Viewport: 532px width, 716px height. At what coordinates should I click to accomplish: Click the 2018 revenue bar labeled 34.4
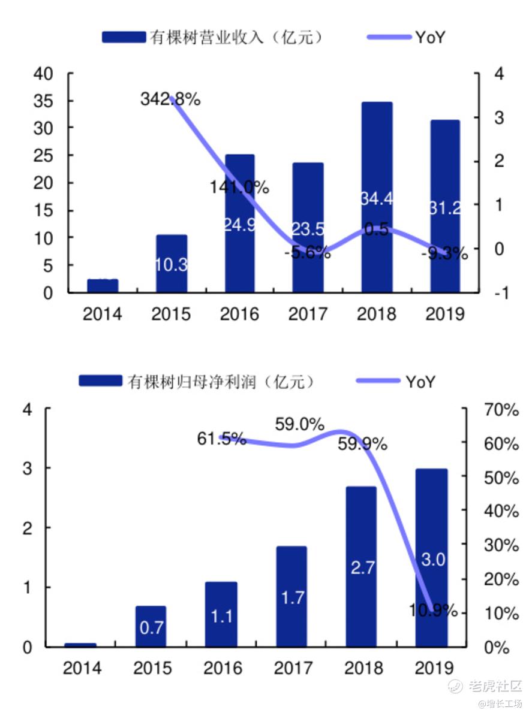tap(377, 240)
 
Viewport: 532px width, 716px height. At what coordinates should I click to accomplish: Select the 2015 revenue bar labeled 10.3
tap(171, 264)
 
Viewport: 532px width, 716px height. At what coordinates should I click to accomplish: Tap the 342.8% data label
tap(170, 99)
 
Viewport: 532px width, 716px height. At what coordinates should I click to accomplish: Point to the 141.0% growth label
tap(239, 187)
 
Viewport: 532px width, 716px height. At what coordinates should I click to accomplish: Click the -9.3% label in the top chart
tap(444, 253)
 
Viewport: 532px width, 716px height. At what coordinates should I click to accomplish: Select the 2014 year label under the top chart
tap(102, 314)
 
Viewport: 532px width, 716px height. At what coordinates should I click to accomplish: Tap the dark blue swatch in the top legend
tap(124, 37)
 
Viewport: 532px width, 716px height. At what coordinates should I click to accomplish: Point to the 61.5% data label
tap(222, 439)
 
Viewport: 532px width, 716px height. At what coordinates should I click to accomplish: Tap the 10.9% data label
tap(434, 611)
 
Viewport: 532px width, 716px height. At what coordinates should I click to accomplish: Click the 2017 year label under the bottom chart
tap(293, 668)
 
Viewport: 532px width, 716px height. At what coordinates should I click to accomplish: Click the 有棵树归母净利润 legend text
tap(221, 382)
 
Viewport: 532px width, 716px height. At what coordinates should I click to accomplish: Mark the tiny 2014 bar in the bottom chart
tap(80, 645)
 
